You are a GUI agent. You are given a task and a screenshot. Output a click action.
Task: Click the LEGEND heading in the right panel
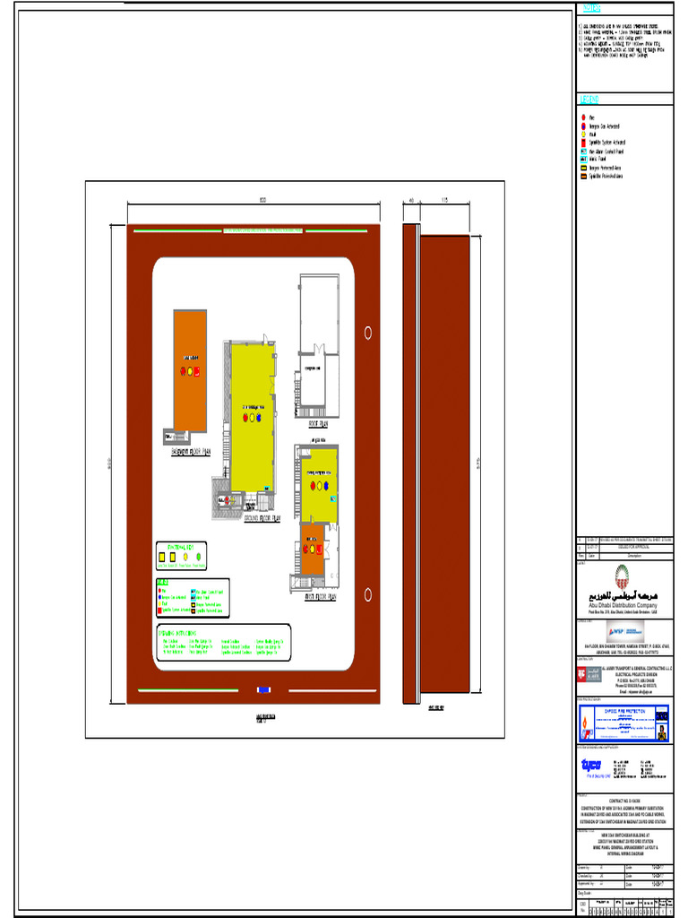589,99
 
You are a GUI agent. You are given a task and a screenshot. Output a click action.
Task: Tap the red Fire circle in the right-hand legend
583,117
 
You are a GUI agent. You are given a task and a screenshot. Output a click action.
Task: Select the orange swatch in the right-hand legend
583,176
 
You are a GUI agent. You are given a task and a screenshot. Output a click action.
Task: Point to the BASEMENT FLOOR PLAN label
191,453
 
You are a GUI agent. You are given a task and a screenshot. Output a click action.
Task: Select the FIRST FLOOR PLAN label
319,595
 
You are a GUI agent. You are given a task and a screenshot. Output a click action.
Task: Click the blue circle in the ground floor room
259,416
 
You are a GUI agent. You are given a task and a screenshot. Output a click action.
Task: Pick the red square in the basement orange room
197,371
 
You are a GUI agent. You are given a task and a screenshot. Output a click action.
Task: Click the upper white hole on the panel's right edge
368,333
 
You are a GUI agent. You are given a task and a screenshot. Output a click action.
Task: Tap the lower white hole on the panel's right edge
368,594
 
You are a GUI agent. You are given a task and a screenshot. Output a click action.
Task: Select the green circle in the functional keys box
199,556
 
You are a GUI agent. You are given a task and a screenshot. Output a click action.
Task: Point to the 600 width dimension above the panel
262,199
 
